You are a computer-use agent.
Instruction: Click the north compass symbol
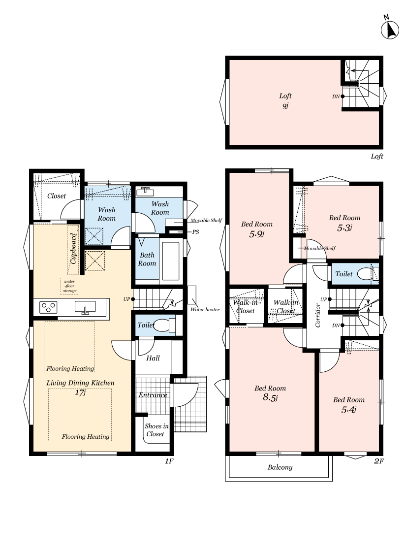click(x=389, y=28)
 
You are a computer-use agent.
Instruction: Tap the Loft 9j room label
click(x=285, y=100)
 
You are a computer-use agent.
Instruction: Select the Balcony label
click(x=280, y=467)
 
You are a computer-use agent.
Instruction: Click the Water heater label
click(x=205, y=310)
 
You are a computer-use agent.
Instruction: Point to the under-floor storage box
click(x=69, y=286)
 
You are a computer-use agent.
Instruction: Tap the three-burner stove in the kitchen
click(x=48, y=307)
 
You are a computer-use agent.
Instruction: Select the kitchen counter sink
click(x=85, y=307)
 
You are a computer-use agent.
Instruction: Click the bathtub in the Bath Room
click(x=171, y=261)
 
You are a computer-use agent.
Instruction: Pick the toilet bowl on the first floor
click(x=164, y=325)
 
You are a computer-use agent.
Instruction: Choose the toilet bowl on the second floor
click(x=368, y=274)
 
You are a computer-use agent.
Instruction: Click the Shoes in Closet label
click(x=156, y=430)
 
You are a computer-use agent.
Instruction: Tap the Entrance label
click(x=153, y=395)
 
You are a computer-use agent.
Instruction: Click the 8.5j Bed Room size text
click(x=270, y=397)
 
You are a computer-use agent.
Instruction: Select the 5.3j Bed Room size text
click(x=344, y=228)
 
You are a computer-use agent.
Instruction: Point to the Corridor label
click(x=318, y=316)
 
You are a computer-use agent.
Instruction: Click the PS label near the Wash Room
click(x=195, y=232)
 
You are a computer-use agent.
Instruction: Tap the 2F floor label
click(x=378, y=461)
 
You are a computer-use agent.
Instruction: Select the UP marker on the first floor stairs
click(x=127, y=299)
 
